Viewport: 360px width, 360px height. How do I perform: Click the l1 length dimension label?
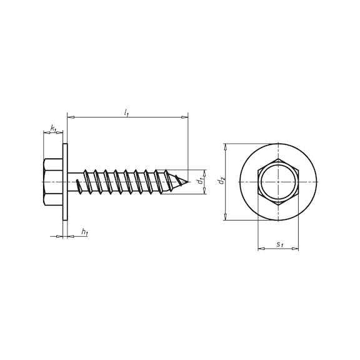pos(126,112)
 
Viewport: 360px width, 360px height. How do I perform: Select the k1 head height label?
pos(53,128)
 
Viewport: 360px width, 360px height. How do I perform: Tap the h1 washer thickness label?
pos(85,232)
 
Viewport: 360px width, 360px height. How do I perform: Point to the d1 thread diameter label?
pos(201,181)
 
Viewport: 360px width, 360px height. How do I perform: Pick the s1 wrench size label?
pos(279,244)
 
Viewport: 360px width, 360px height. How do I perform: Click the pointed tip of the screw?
pos(188,182)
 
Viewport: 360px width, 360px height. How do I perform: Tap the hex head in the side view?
pos(52,182)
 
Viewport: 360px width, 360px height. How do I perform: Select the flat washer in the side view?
pos(65,182)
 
